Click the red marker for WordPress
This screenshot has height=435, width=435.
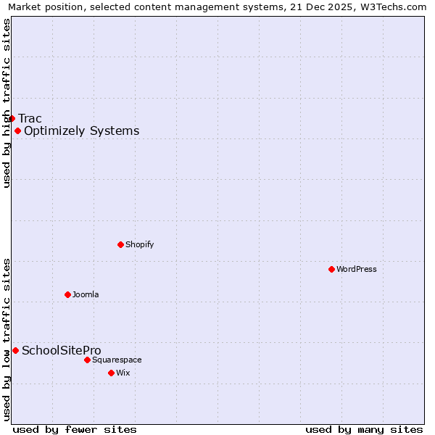[331, 269]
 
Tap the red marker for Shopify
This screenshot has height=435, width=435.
[120, 244]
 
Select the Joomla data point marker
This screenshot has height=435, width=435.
[67, 294]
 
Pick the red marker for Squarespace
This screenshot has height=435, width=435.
[87, 360]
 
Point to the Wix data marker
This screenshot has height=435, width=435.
[111, 373]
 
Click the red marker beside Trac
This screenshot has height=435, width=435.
[12, 118]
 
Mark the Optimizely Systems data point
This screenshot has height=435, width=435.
[17, 130]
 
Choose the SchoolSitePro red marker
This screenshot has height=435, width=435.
[15, 350]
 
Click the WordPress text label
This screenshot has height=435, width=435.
[357, 270]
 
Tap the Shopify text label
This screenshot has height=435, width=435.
[139, 245]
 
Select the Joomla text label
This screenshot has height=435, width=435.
[86, 295]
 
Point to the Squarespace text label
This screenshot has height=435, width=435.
[117, 360]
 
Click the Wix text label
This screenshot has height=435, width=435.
[123, 373]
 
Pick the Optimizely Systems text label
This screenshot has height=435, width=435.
[81, 131]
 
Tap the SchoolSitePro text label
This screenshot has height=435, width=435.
[61, 351]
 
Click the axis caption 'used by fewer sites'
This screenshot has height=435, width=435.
[75, 429]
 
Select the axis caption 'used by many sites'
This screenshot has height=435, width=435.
[364, 429]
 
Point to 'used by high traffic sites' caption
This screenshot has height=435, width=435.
[7, 103]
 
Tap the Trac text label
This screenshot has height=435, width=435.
[30, 119]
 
